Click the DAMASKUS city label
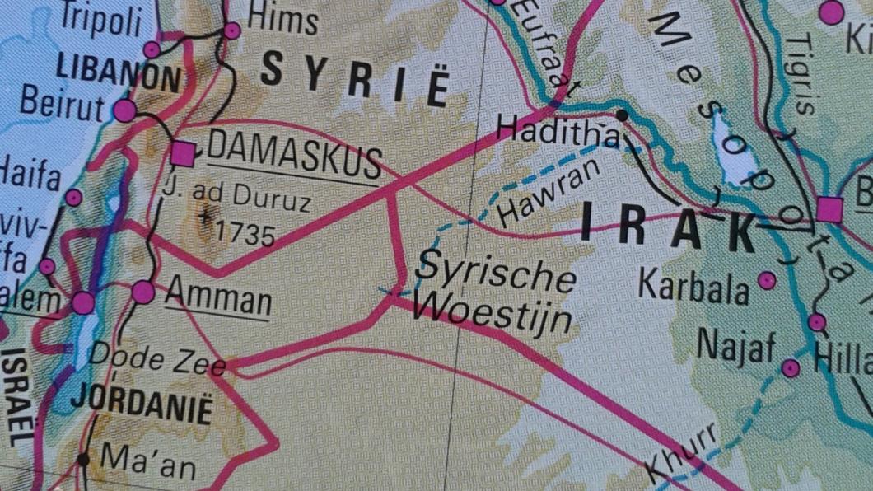294,157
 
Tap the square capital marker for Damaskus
183,153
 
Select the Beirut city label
62,105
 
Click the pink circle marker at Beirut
124,110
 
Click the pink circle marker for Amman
143,292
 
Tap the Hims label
282,19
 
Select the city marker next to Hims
232,30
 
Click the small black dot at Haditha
622,115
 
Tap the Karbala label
694,288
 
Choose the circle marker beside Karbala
768,281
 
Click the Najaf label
736,348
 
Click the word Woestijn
492,313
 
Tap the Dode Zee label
156,361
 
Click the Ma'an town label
148,463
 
